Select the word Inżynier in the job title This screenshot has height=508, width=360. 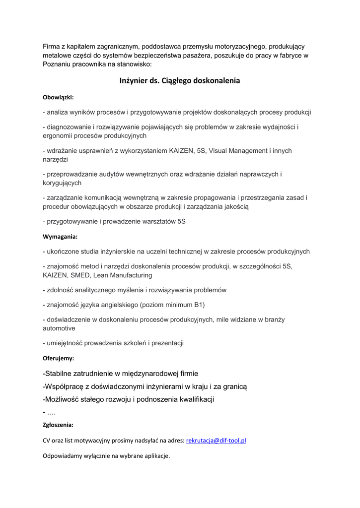coord(135,80)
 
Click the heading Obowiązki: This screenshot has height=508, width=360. coord(58,97)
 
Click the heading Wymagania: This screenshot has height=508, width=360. coord(60,237)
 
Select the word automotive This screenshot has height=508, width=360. coord(59,328)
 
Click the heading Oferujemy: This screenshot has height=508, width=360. coord(58,358)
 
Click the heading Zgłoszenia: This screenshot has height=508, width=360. coord(58,425)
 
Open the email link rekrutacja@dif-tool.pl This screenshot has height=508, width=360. coord(216,440)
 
